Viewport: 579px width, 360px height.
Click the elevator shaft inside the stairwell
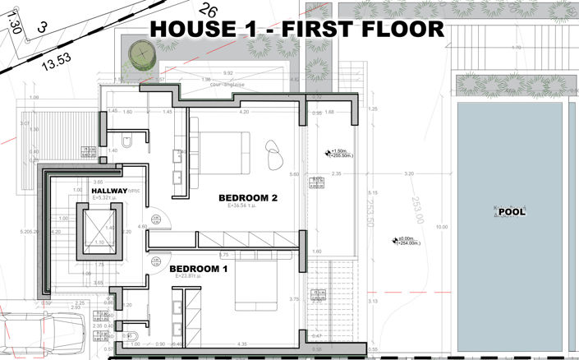[98, 229]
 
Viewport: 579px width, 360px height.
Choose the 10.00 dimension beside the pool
[443, 228]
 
